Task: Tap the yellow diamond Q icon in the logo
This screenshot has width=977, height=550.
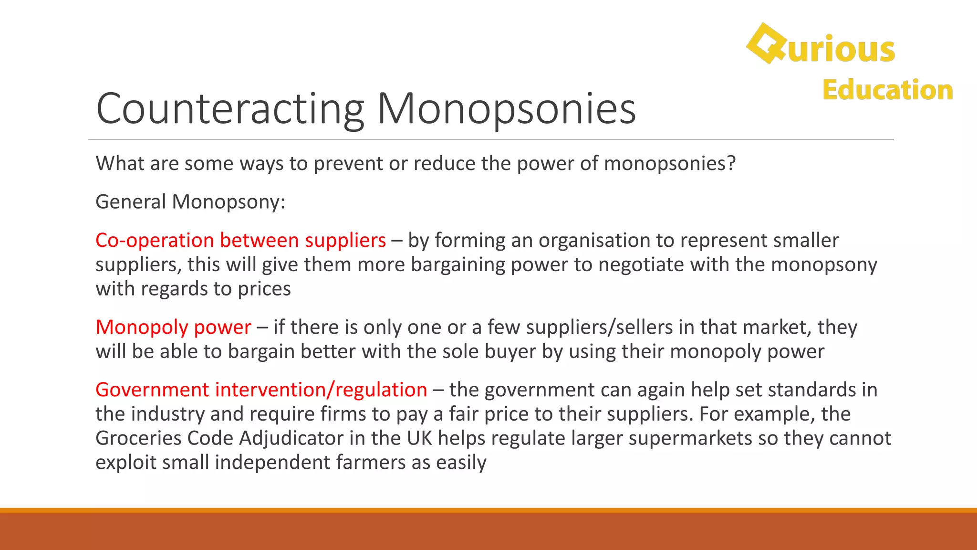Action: pyautogui.click(x=766, y=43)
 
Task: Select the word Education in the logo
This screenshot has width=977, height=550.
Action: pyautogui.click(x=887, y=90)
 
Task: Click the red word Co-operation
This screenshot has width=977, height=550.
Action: pyautogui.click(x=155, y=240)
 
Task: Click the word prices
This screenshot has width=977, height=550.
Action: pyautogui.click(x=264, y=289)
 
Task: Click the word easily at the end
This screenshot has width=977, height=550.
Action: pyautogui.click(x=461, y=463)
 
